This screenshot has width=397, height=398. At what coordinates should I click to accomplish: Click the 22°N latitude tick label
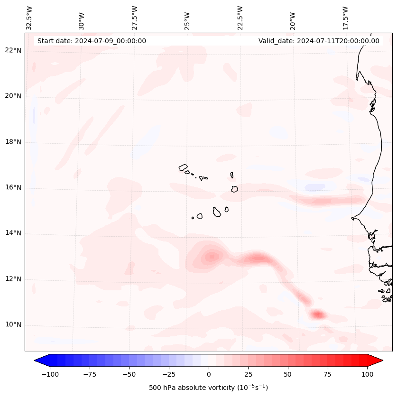pos(13,50)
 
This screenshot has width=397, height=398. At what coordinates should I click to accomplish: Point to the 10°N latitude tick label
pos(13,325)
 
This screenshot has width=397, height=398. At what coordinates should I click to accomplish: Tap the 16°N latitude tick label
pos(13,188)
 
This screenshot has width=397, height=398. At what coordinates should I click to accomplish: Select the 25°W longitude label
pos(188,19)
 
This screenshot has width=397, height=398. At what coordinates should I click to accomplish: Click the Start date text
pos(92,41)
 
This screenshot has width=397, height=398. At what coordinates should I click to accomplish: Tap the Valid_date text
pos(319,41)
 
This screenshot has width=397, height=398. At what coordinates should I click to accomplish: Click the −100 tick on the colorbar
pos(50,374)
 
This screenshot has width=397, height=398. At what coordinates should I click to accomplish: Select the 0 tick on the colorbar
pos(208,374)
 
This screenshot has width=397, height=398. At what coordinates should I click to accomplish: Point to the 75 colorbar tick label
pos(327,374)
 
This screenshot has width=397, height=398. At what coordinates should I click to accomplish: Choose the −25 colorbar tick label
pos(169,374)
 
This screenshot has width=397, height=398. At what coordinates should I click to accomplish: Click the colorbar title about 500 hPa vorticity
pos(208,388)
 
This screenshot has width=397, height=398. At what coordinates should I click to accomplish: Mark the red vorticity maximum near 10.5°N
pos(317,314)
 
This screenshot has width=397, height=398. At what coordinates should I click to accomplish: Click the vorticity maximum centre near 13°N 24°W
pos(211,257)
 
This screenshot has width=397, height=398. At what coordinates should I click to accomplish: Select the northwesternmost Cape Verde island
pos(183,167)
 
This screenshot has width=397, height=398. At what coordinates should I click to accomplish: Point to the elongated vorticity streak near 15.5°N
pos(327,201)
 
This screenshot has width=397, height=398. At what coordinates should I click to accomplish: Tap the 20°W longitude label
pos(293,19)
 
